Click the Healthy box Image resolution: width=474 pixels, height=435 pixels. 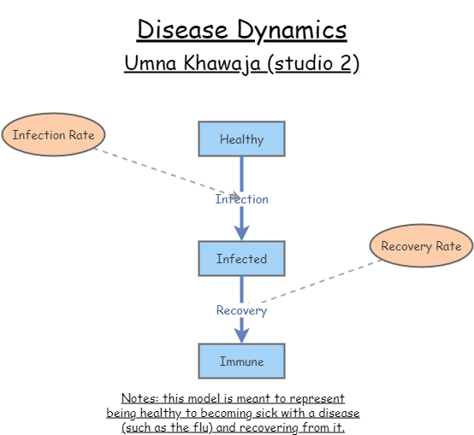coord(241,139)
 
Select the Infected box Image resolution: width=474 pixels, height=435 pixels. coord(241,259)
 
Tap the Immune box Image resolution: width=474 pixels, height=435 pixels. coord(241,362)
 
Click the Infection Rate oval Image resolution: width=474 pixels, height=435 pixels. coord(53,135)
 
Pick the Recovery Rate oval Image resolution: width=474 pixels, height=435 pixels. coord(421,246)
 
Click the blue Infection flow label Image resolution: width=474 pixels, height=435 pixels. coord(241,199)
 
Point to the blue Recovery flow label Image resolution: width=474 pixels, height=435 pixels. coord(241,310)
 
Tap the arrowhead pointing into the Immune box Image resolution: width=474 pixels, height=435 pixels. coord(241,336)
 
